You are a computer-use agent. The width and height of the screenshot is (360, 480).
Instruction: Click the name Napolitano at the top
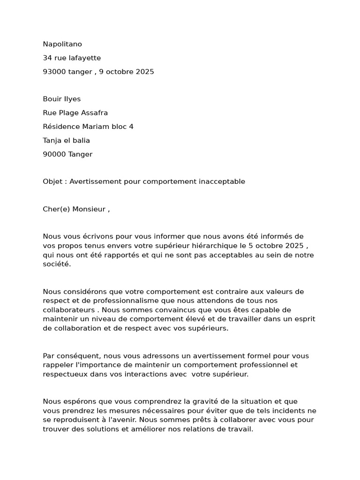[62, 44]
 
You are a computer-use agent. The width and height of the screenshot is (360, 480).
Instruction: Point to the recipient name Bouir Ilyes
[62, 99]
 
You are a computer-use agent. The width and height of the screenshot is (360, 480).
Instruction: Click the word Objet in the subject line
[52, 182]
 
